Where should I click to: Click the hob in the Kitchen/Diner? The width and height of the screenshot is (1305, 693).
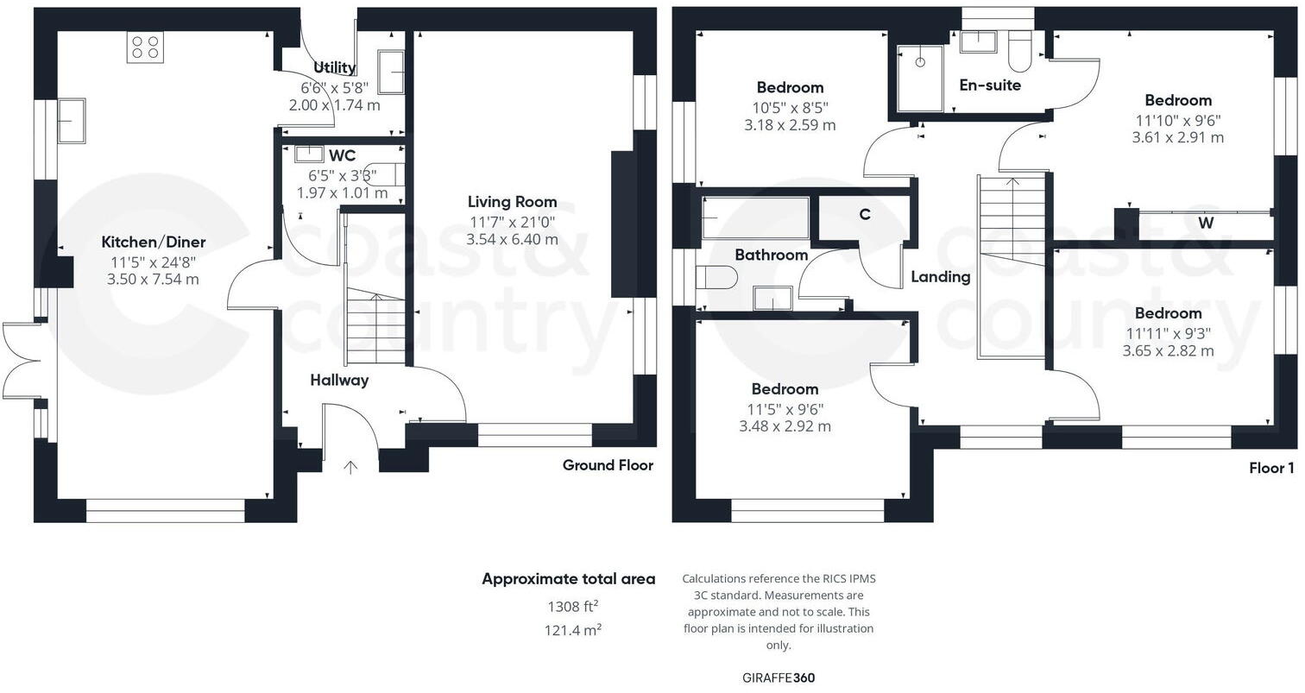[x=145, y=47]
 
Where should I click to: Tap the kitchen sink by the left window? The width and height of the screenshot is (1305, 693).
[x=71, y=120]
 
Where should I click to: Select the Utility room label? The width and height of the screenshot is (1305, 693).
[x=334, y=67]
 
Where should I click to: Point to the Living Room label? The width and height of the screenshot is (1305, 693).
[x=512, y=202]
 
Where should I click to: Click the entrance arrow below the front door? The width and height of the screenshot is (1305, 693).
[x=350, y=468]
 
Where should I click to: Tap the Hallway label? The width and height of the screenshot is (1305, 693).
[x=339, y=380]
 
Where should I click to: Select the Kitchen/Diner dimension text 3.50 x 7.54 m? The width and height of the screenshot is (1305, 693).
[x=153, y=279]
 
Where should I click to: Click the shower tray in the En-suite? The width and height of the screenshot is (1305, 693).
[x=920, y=79]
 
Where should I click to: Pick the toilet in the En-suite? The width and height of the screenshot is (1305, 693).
[x=1019, y=52]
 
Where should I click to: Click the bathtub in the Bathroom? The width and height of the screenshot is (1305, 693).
[x=756, y=217]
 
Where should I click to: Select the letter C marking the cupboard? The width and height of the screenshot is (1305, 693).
[x=865, y=215]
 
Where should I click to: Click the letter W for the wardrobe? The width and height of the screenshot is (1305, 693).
[x=1205, y=224]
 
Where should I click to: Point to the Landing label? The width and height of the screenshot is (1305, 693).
[x=940, y=277]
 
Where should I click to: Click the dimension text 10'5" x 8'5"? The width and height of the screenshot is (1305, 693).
[x=790, y=108]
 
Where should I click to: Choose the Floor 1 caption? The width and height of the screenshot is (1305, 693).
[x=1271, y=469]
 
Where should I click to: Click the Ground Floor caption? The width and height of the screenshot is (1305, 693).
[x=608, y=465]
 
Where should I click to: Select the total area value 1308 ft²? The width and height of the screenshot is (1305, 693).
[x=572, y=607]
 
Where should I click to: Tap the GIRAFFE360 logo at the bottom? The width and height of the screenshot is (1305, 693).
[x=778, y=677]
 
